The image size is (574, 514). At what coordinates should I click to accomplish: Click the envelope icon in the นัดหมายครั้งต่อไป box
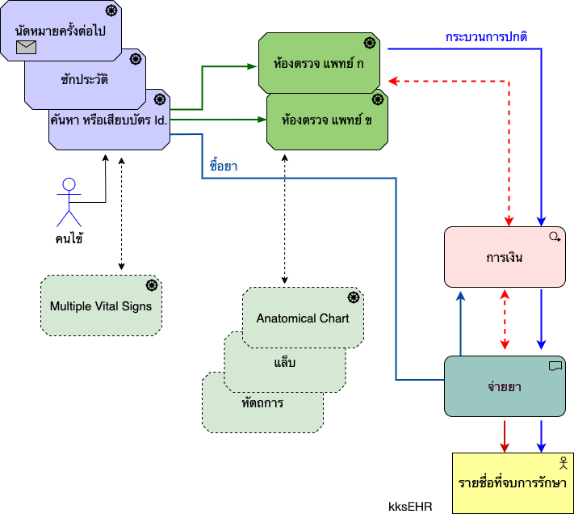coord(27,48)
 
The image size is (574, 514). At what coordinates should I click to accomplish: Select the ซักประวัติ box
coord(84,80)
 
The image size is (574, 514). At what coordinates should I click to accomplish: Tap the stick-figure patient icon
coord(69,201)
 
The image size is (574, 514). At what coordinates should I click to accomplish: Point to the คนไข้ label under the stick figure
coord(69,238)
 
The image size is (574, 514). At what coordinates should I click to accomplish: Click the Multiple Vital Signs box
coord(101,306)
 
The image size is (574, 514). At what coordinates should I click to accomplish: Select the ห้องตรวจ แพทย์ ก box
coord(319,63)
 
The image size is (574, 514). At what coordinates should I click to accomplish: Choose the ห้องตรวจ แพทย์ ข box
coord(327,121)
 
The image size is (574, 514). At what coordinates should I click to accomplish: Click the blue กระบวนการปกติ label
coord(487,37)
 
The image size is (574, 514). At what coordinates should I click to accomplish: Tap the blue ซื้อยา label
coord(222,166)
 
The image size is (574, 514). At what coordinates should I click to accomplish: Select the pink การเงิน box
coord(505,258)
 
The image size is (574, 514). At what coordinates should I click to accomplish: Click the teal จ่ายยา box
coord(505,386)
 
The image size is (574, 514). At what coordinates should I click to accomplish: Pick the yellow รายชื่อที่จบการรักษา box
coord(513,482)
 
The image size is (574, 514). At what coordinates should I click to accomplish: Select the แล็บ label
coord(284,361)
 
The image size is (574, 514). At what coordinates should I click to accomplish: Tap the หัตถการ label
coord(262,401)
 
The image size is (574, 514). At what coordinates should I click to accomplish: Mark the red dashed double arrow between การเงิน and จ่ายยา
coord(505,321)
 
